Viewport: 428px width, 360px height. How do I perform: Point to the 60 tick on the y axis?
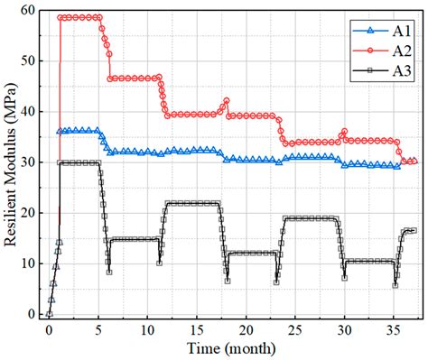tap(30, 10)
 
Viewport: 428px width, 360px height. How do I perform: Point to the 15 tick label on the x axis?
tap(197, 329)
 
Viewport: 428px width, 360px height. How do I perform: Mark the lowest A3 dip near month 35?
tap(395, 285)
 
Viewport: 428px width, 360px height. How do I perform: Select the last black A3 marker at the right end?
tap(414, 231)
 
